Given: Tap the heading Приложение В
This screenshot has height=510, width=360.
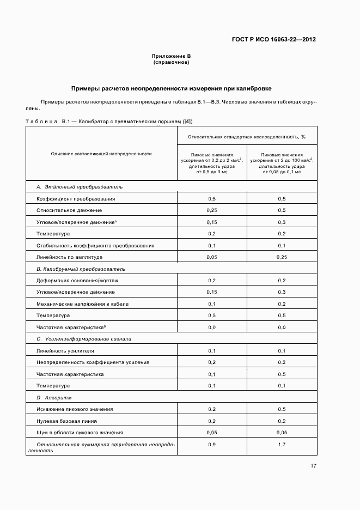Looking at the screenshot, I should [x=171, y=56].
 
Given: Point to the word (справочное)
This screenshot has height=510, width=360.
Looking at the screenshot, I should [x=171, y=62].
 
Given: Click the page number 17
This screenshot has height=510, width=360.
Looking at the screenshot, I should [x=313, y=465].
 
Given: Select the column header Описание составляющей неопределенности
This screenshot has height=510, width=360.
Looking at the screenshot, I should [x=101, y=154].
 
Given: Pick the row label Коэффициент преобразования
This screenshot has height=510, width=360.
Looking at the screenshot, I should [x=76, y=199].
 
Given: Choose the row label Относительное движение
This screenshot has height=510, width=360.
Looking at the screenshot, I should [x=69, y=210].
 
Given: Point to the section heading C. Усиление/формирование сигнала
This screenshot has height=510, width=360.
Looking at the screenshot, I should [x=84, y=339].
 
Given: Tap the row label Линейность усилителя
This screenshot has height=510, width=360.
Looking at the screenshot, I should [x=65, y=351].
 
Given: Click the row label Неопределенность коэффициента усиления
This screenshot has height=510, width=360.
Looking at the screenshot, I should [x=93, y=362].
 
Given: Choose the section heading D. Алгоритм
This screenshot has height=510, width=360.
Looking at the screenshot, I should [x=54, y=397].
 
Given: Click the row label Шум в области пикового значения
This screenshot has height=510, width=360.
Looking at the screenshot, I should [x=80, y=433].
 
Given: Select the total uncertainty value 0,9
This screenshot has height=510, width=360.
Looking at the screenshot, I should [x=212, y=445].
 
